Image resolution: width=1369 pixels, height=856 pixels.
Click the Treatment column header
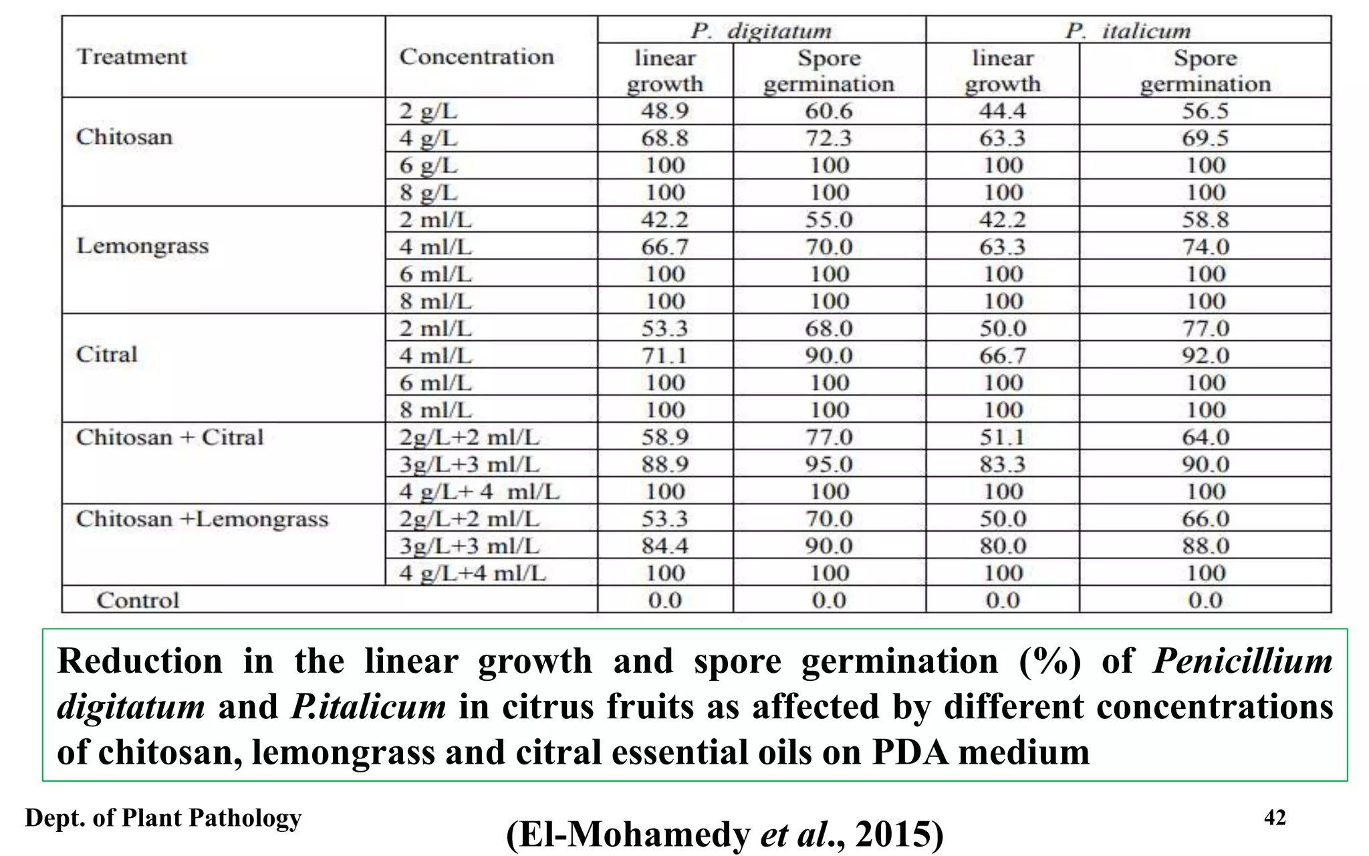pyautogui.click(x=132, y=57)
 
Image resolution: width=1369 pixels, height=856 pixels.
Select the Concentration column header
pyautogui.click(x=477, y=57)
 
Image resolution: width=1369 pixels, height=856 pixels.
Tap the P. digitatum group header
pyautogui.click(x=761, y=31)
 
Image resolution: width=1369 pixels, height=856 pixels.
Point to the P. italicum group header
pyautogui.click(x=1128, y=31)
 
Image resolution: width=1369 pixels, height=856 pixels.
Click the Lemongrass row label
pyautogui.click(x=142, y=246)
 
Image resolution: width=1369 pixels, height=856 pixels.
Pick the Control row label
pyautogui.click(x=138, y=600)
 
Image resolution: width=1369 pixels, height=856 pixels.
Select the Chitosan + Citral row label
pyautogui.click(x=170, y=437)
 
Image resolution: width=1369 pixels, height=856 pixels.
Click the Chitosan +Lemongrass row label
pyautogui.click(x=202, y=519)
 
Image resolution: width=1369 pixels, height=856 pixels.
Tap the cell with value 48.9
pyautogui.click(x=664, y=111)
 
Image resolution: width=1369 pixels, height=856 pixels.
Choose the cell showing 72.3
pyautogui.click(x=829, y=138)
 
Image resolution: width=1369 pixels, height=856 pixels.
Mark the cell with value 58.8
pyautogui.click(x=1205, y=220)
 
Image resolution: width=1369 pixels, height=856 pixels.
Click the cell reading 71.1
pyautogui.click(x=664, y=356)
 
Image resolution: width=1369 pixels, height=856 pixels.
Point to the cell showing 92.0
pyautogui.click(x=1205, y=356)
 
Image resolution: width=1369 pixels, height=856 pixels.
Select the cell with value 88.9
pyautogui.click(x=664, y=464)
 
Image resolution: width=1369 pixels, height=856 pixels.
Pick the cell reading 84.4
pyautogui.click(x=664, y=546)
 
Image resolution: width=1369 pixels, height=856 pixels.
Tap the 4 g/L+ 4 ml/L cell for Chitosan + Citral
pyautogui.click(x=479, y=492)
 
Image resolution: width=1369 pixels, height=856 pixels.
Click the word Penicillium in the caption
pyautogui.click(x=1243, y=661)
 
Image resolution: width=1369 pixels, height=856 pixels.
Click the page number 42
pyautogui.click(x=1275, y=817)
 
